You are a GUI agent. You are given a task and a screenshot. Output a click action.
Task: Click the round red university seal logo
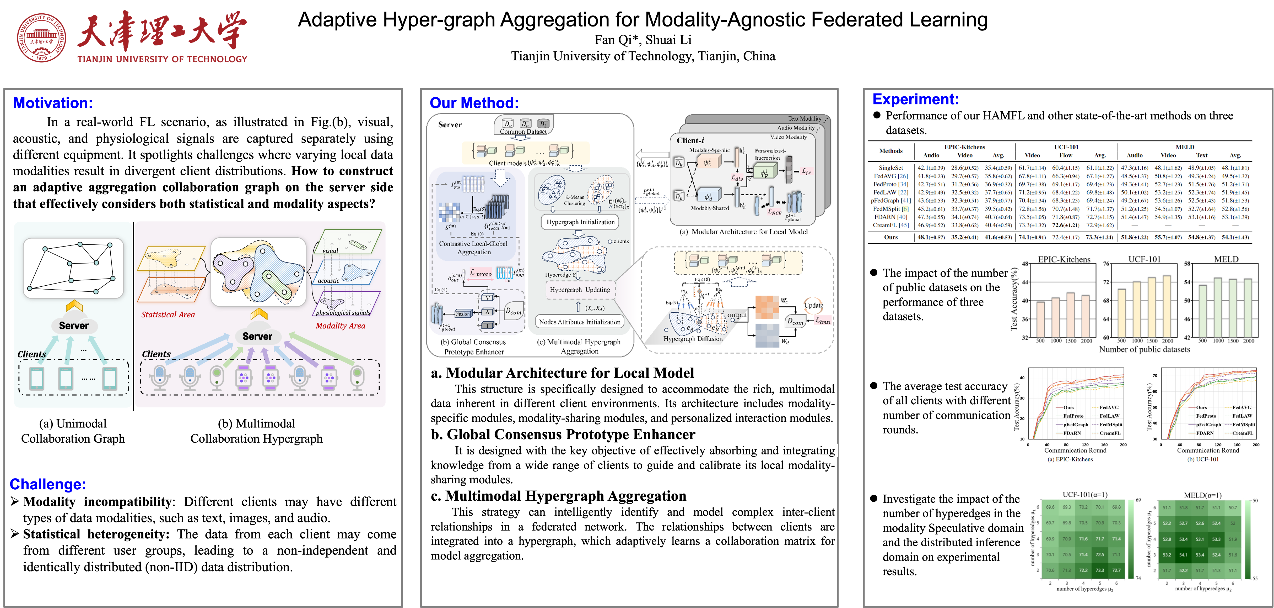pos(42,38)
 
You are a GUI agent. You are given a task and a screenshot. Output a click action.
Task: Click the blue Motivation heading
pos(52,103)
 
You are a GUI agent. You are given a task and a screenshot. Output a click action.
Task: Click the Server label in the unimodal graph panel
pos(74,325)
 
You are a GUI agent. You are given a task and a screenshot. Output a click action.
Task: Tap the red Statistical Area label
pos(168,315)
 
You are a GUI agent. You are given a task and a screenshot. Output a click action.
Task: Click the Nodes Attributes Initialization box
pos(580,322)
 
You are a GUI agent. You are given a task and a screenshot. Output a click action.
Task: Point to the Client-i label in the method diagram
pos(690,141)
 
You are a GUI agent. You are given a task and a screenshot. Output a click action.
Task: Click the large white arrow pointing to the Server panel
pos(652,155)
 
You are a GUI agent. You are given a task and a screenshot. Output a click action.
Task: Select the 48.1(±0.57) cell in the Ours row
pos(931,237)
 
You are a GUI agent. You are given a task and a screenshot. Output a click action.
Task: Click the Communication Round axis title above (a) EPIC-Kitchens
pos(1075,450)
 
